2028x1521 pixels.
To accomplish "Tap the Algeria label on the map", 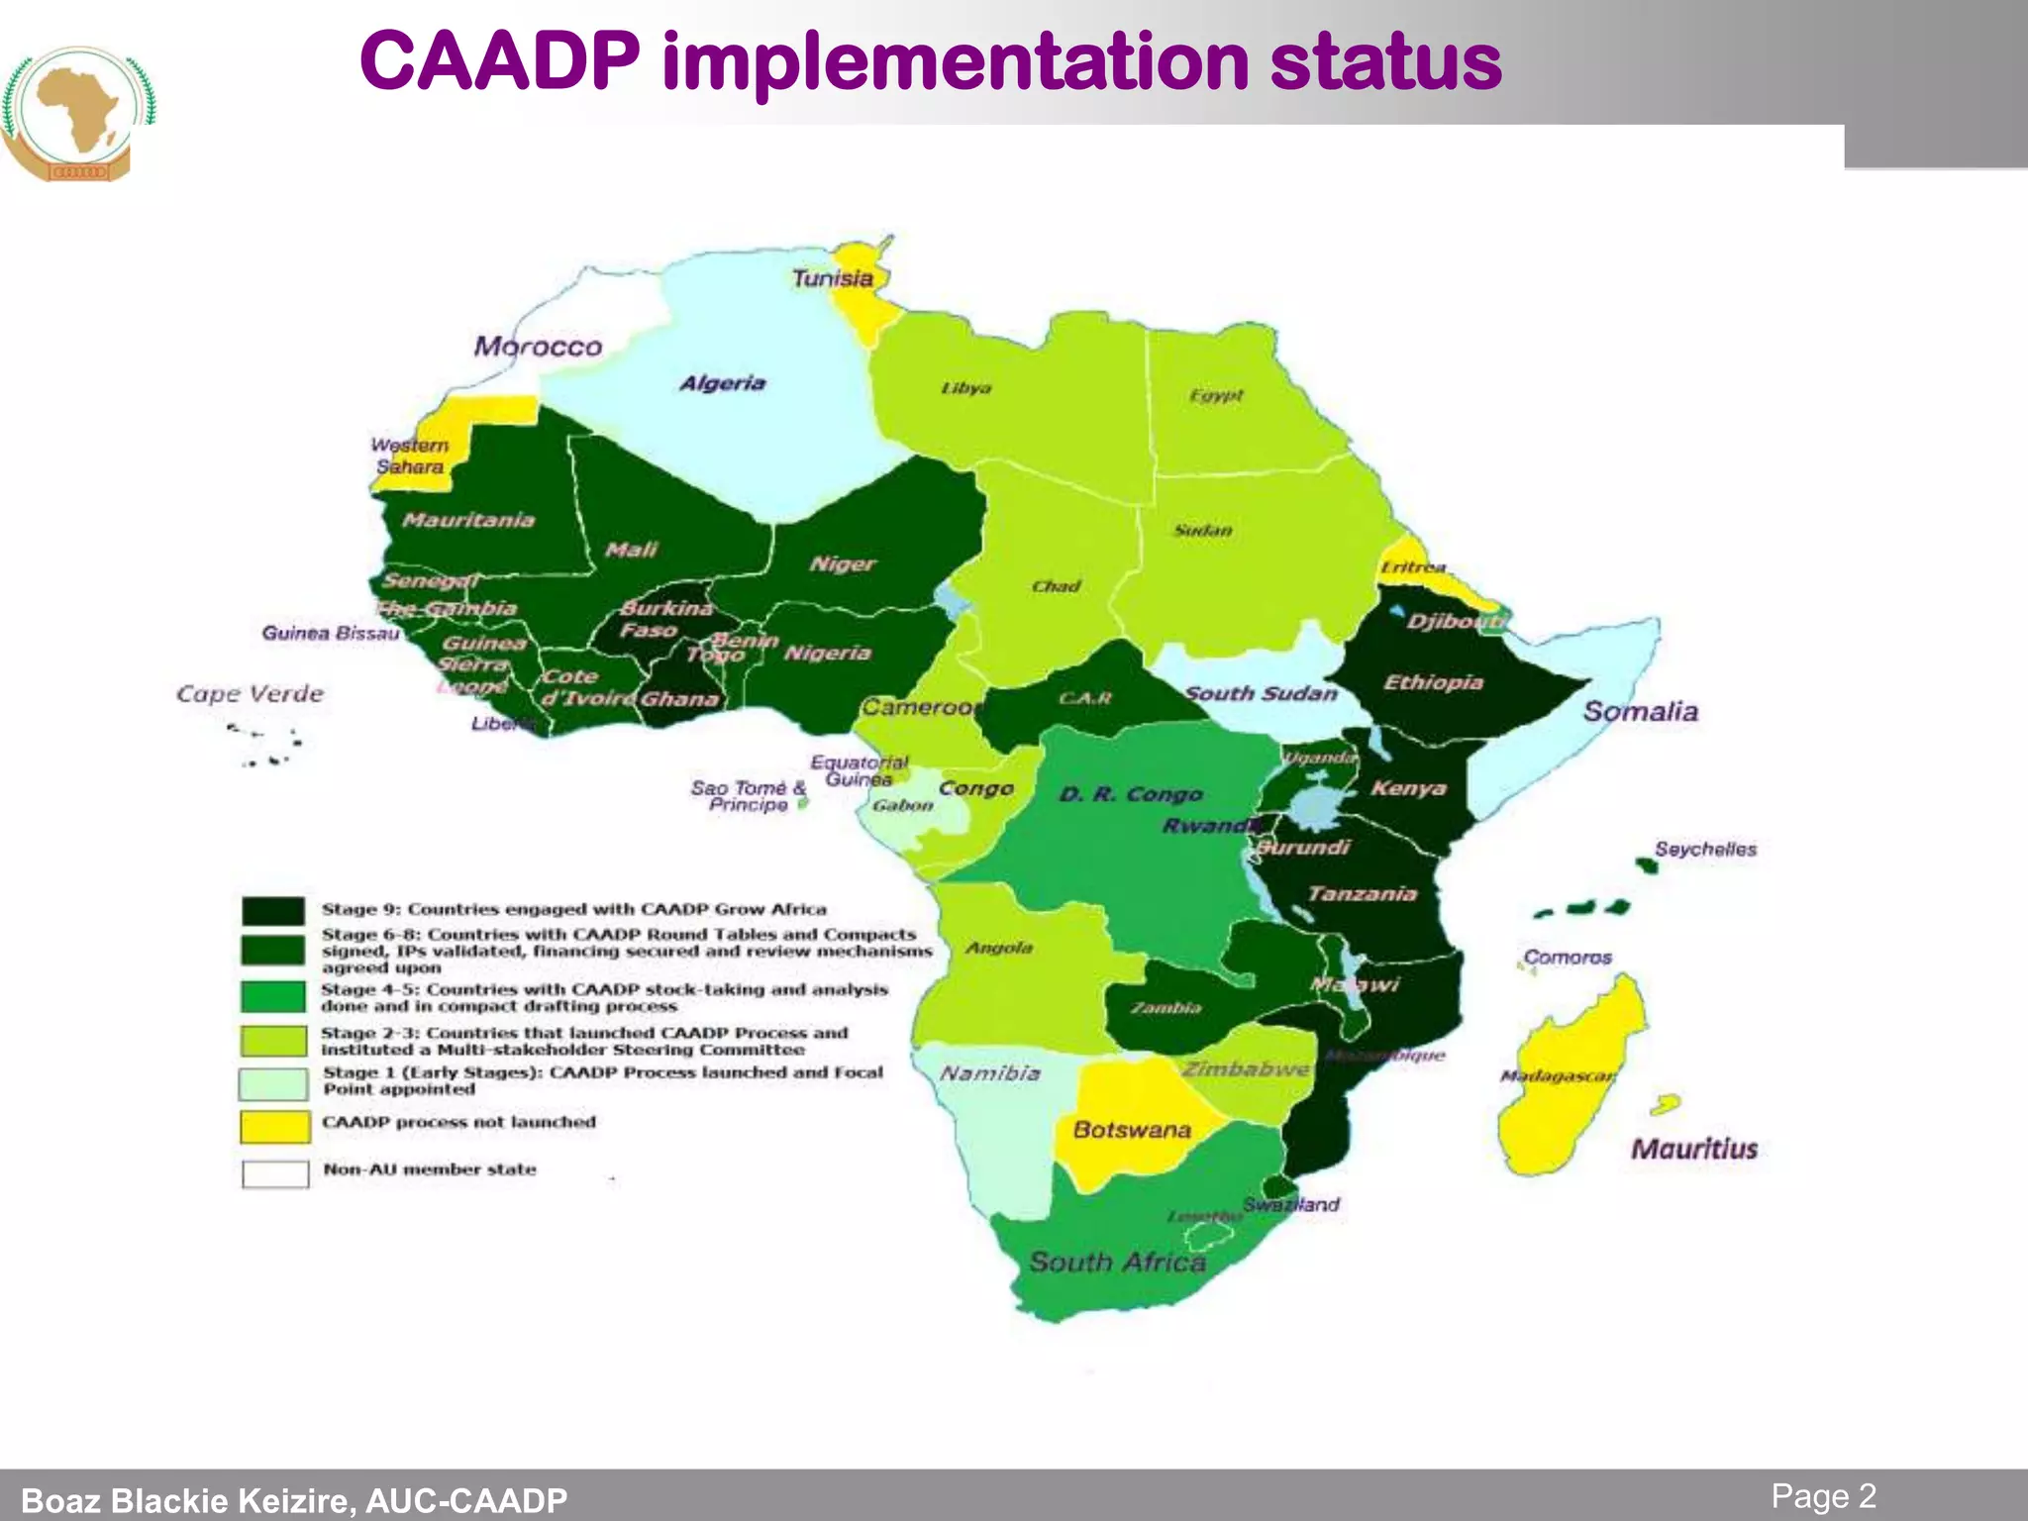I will click(722, 383).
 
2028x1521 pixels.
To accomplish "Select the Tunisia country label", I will click(833, 278).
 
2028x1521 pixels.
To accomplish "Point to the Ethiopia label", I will click(1433, 682).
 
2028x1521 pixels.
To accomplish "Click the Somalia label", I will click(1640, 711).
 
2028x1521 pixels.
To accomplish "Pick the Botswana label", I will click(1132, 1130).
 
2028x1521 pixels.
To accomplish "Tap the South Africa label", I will click(1117, 1262).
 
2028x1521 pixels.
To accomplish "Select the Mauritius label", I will click(1693, 1149).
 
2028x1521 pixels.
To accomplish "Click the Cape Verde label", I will click(250, 693).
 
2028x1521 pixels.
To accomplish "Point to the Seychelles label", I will click(1705, 849).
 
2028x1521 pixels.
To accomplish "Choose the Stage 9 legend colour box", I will click(273, 911).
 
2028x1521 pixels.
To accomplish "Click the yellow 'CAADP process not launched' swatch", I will click(274, 1126).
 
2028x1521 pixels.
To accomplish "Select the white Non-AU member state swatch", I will click(275, 1173).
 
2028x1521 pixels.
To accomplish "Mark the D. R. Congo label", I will click(1131, 794).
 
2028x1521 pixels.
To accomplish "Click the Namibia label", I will click(989, 1073).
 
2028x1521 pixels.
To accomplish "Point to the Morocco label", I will click(538, 347).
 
